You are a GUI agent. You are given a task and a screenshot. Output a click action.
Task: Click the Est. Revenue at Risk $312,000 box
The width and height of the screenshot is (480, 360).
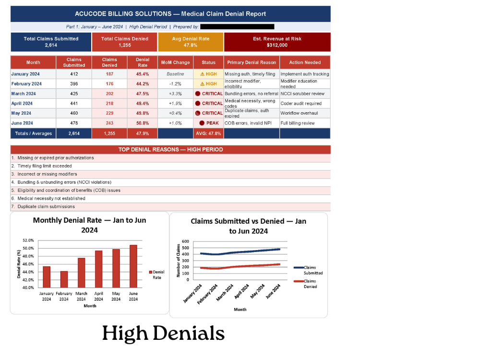tap(277, 42)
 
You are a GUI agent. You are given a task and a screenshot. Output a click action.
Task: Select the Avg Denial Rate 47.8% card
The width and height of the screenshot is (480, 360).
tap(191, 42)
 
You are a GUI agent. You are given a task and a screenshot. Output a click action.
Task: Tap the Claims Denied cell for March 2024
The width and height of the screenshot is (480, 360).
tap(109, 94)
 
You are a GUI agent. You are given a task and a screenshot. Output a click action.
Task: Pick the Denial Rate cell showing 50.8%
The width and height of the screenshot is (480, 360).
tap(143, 123)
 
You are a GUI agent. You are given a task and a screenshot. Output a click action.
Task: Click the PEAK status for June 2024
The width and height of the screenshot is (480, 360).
tap(209, 123)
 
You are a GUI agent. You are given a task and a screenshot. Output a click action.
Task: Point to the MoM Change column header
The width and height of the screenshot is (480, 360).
tap(175, 62)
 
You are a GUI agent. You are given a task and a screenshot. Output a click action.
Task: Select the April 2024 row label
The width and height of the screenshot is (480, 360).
tap(22, 104)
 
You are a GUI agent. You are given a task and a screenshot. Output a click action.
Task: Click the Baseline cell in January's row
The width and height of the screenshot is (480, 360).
tap(175, 74)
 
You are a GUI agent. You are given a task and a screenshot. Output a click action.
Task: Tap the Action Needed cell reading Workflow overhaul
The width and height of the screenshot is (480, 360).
tap(299, 113)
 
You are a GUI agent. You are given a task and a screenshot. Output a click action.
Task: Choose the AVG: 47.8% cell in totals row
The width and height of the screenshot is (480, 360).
tap(208, 133)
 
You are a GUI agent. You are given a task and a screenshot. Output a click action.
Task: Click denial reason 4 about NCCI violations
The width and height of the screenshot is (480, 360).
tap(64, 182)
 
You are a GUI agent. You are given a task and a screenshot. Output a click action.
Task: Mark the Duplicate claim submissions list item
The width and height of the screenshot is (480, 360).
tap(46, 206)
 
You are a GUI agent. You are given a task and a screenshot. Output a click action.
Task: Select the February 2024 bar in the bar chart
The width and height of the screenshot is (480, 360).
tap(64, 279)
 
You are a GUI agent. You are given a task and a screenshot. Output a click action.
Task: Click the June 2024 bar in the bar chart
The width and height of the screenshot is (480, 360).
tap(133, 266)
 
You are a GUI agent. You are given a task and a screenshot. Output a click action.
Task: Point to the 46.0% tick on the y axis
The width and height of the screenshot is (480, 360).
tap(28, 264)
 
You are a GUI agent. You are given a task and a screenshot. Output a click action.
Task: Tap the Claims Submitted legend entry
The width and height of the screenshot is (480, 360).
tap(308, 270)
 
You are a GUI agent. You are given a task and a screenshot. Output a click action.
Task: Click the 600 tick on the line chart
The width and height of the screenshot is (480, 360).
tap(185, 241)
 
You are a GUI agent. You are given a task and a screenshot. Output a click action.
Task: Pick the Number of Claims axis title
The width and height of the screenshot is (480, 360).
tap(178, 261)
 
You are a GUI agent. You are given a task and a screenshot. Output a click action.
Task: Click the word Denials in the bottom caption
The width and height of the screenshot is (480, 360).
tap(189, 333)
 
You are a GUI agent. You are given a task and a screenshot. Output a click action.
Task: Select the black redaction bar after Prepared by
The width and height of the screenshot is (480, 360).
tap(237, 27)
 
